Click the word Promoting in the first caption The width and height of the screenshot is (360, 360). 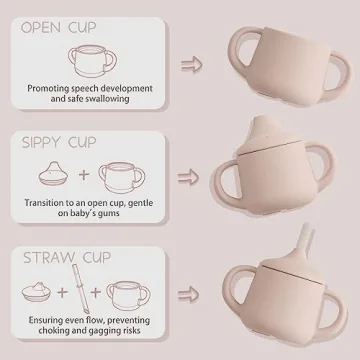(51, 89)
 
